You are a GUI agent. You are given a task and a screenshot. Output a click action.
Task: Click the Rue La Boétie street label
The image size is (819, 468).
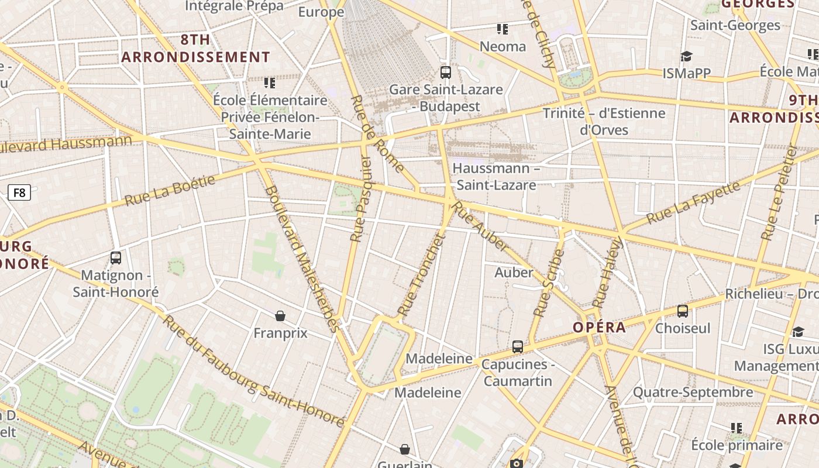(x=170, y=190)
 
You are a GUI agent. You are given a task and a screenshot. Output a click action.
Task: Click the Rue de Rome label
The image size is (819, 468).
(x=377, y=134)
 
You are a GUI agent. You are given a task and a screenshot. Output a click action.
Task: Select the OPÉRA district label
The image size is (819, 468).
(x=600, y=327)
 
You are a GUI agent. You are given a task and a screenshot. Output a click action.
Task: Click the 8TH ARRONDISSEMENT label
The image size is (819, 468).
(x=195, y=49)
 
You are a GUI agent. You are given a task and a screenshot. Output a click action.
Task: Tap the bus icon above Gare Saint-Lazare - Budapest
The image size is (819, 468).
(x=446, y=73)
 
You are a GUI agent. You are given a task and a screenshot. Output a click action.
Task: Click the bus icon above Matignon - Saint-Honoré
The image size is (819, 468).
(x=116, y=257)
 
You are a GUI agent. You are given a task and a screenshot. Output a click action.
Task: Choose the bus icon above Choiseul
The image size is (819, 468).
(x=682, y=311)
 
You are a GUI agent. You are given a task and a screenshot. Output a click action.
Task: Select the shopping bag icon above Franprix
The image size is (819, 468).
(x=280, y=316)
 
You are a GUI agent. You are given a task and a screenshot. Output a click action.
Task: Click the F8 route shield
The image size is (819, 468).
(x=19, y=192)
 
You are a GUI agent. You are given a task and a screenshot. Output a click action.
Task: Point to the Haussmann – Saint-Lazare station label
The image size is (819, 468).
(x=496, y=177)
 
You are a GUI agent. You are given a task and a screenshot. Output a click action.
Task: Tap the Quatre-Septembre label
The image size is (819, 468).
(x=693, y=392)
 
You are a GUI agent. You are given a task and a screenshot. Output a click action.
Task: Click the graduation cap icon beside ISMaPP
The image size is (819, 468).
(x=686, y=56)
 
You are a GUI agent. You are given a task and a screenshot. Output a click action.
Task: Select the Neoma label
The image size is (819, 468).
(x=503, y=46)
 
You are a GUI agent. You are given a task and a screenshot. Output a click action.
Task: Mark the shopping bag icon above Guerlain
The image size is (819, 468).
(x=404, y=449)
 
